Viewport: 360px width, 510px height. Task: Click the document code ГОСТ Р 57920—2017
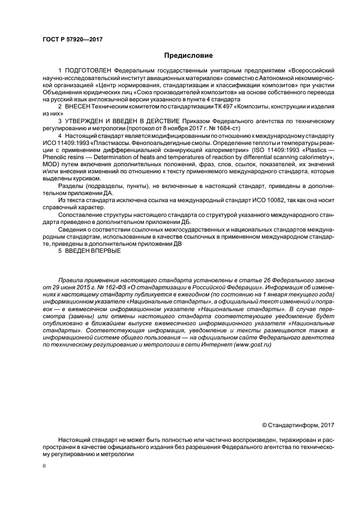tap(72, 40)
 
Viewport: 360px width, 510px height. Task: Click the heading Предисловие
tap(188, 56)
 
